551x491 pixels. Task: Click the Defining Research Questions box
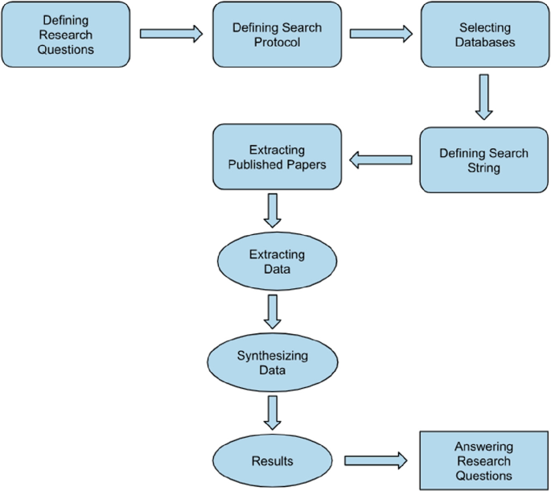[x=66, y=35]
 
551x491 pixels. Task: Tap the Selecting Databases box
[x=484, y=35]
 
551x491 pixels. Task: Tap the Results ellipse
[x=272, y=461]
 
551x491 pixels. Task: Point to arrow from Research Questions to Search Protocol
[x=171, y=35]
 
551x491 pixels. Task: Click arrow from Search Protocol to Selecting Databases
[x=380, y=35]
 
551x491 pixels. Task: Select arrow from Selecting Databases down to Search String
[x=483, y=97]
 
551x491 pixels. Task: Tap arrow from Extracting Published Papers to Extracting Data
[x=273, y=211]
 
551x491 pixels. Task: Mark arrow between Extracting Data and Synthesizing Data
[x=273, y=312]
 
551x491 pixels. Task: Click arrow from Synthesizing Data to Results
[x=273, y=412]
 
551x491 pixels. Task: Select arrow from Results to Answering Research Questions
[x=376, y=461]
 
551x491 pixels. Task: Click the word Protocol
[x=277, y=42]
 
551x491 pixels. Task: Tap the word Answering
[x=483, y=447]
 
